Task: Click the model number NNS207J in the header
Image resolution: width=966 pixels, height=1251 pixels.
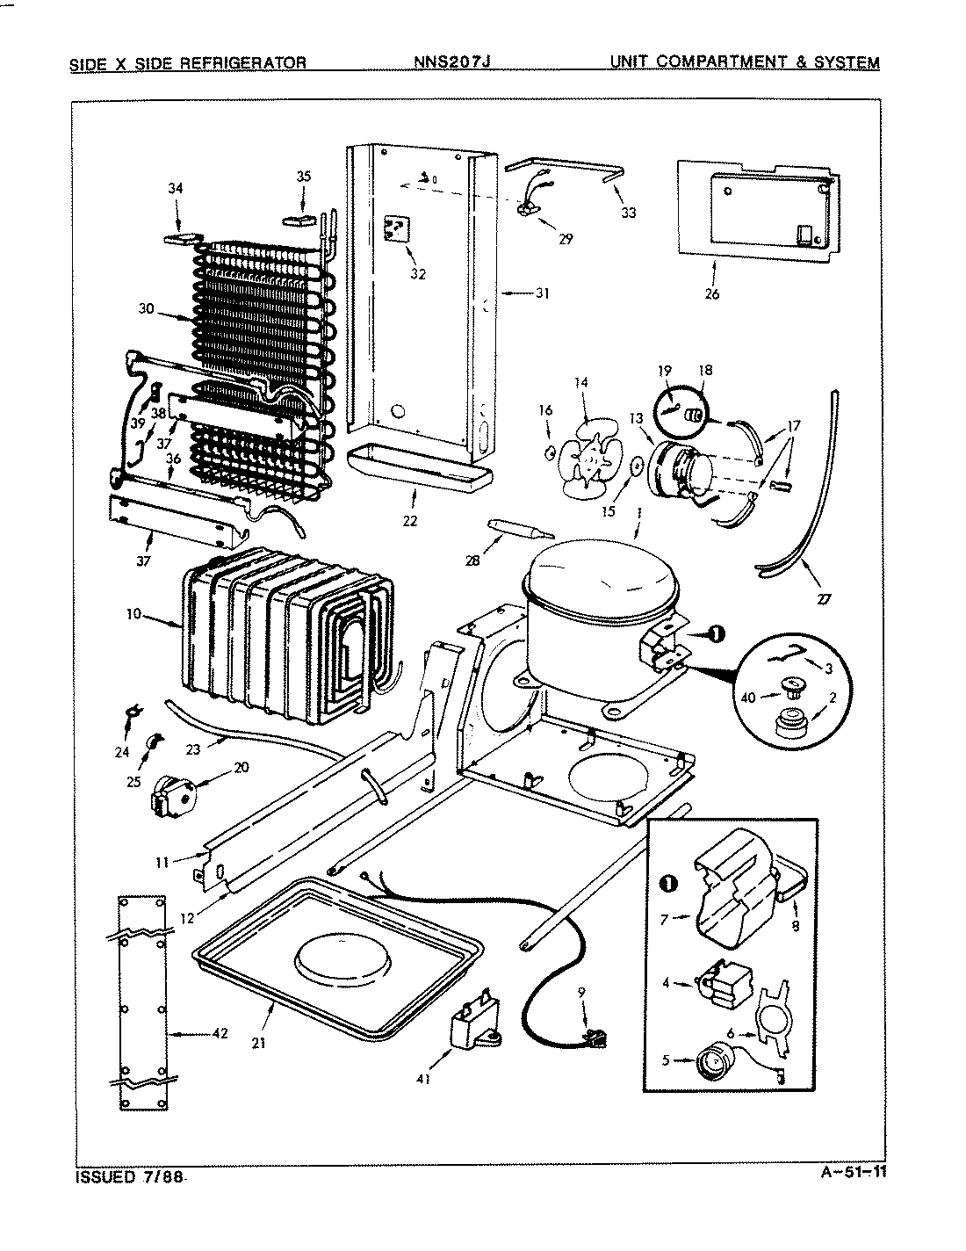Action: [453, 62]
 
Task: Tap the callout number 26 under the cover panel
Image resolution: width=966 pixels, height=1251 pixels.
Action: [711, 293]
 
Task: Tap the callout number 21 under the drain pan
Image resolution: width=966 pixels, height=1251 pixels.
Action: [258, 1043]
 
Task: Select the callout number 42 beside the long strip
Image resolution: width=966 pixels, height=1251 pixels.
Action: [220, 1033]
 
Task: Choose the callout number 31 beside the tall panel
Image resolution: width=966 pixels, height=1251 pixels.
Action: [542, 293]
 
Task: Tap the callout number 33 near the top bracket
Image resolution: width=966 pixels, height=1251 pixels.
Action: [628, 212]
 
